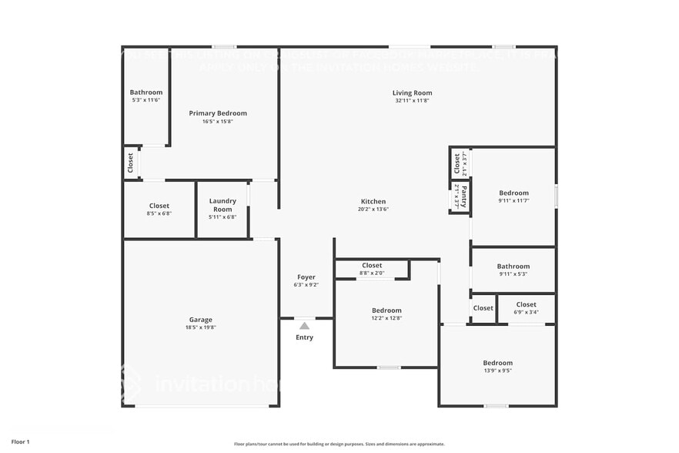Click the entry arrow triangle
(305, 326)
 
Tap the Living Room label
(412, 93)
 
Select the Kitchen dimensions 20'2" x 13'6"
(373, 209)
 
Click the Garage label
(201, 320)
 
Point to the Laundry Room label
(222, 205)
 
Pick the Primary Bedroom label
(218, 113)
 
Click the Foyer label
(306, 277)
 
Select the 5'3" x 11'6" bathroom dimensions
(145, 100)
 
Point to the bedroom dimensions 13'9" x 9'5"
(497, 371)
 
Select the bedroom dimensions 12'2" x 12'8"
(386, 318)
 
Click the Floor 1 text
(20, 442)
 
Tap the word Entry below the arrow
(305, 337)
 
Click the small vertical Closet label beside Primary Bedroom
(130, 163)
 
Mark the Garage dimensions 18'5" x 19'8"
(201, 327)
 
